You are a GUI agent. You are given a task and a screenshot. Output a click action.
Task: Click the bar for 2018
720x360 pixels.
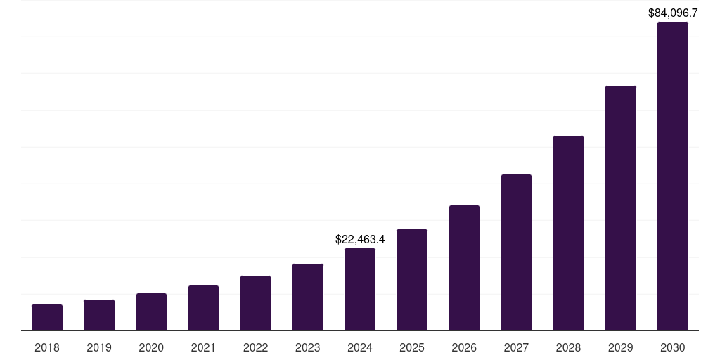click(47, 317)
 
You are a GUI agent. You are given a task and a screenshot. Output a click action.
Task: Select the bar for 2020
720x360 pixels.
click(151, 311)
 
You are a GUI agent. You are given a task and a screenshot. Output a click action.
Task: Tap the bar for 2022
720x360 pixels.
click(255, 303)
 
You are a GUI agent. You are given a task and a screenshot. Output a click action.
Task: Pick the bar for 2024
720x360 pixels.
click(360, 289)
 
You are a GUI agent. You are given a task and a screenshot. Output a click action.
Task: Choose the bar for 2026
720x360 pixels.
click(464, 268)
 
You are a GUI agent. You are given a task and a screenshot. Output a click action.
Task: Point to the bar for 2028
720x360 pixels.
click(568, 233)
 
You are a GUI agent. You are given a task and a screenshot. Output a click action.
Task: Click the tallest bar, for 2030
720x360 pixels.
click(672, 176)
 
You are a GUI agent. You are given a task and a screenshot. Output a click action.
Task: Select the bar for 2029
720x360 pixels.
click(620, 208)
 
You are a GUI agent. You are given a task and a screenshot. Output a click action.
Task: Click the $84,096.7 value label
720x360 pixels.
click(672, 13)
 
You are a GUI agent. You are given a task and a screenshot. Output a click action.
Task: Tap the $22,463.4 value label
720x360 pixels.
click(360, 240)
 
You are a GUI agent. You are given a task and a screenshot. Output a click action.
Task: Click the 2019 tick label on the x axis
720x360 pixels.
click(99, 347)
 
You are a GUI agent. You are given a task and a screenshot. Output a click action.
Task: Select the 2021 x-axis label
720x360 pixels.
click(203, 347)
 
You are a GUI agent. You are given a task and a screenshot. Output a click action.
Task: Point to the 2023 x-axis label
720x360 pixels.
click(307, 347)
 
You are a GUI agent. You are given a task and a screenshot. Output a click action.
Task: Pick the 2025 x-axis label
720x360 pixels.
click(412, 347)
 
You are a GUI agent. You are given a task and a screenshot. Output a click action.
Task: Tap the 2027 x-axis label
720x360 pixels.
click(516, 347)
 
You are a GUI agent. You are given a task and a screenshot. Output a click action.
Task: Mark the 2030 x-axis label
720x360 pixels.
click(672, 347)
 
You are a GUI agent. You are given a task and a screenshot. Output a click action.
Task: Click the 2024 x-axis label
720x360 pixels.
click(360, 347)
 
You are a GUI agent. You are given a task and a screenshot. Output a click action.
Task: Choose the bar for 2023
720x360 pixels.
click(307, 297)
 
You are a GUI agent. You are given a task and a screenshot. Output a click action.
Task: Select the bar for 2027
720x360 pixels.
click(516, 252)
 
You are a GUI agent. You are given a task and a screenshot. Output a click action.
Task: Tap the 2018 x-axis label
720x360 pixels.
click(47, 347)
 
